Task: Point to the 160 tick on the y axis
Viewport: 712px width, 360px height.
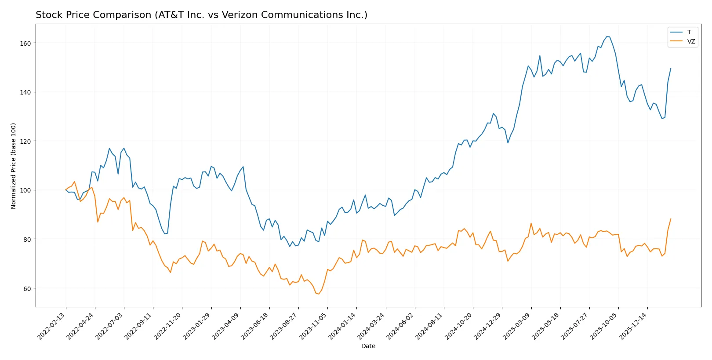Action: point(25,43)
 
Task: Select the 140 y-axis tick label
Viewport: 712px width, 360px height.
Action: point(25,92)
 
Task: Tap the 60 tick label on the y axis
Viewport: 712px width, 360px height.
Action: point(27,288)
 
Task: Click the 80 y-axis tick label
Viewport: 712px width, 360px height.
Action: point(27,240)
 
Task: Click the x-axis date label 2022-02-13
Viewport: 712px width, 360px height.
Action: point(52,326)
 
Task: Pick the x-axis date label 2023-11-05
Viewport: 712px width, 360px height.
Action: point(314,326)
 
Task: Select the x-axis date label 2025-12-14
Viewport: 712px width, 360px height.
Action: point(634,326)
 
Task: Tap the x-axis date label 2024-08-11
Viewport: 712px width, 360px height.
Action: point(430,326)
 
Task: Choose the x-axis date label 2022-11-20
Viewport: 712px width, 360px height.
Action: point(168,326)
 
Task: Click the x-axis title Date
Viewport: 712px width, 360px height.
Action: point(368,346)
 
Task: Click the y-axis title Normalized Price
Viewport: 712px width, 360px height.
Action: point(14,166)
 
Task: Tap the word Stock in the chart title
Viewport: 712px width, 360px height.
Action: point(48,15)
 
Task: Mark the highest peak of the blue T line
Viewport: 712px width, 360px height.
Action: point(607,36)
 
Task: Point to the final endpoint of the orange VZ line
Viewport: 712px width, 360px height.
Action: point(671,219)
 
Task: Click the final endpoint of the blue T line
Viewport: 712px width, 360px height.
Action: point(671,69)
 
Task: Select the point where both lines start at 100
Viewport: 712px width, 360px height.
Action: point(66,190)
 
